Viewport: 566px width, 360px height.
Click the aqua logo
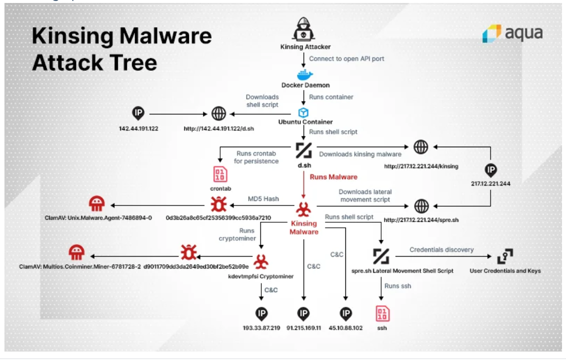[x=512, y=33]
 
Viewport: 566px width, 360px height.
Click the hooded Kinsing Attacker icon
[x=304, y=30]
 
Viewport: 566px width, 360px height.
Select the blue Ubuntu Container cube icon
[x=304, y=113]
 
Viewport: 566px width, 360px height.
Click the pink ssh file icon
[x=382, y=313]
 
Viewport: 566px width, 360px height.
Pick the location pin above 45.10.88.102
[x=345, y=313]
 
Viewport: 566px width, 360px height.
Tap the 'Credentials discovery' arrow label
[x=441, y=249]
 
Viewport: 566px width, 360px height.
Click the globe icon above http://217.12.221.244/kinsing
[x=421, y=147]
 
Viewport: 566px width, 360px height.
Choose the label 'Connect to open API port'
[x=346, y=59]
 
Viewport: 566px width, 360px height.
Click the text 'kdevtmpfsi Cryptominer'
[x=261, y=276]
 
